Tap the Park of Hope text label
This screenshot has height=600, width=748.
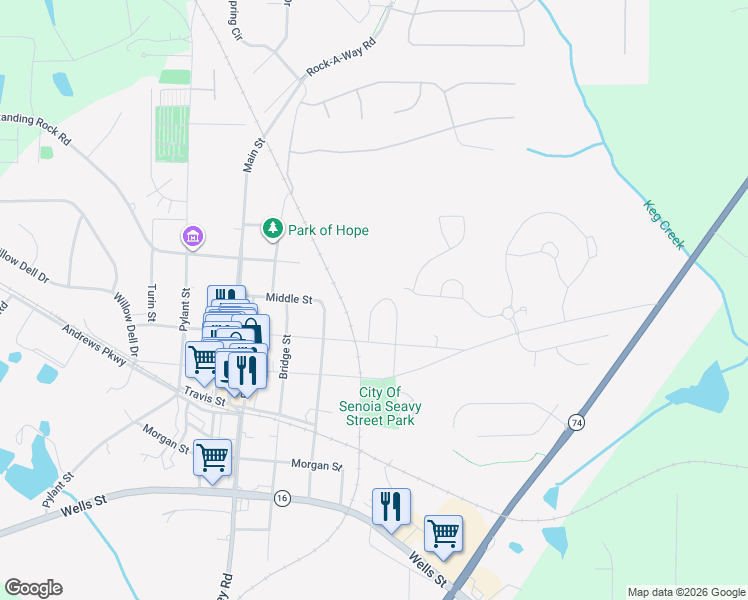pyautogui.click(x=328, y=231)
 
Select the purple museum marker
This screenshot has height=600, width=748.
pyautogui.click(x=191, y=237)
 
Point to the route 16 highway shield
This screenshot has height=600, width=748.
pyautogui.click(x=283, y=498)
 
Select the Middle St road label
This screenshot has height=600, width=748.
pyautogui.click(x=290, y=299)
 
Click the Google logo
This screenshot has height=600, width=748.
pyautogui.click(x=33, y=588)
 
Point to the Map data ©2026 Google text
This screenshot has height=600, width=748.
pyautogui.click(x=685, y=592)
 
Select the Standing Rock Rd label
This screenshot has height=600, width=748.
pyautogui.click(x=36, y=128)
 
